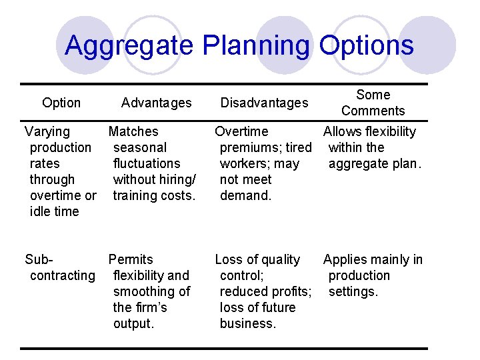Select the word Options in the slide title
coord(366,46)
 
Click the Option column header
coord(61,103)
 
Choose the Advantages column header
coord(157,103)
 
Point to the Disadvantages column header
coord(265,103)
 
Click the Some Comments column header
coord(373,103)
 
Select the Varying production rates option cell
coord(60,171)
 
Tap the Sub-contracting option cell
coord(60,267)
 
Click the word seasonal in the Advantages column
coord(140,147)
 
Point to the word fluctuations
coord(147,163)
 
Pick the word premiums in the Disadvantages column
coord(251,147)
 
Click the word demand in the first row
coord(244,195)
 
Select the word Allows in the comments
coord(345,131)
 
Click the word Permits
coord(131,259)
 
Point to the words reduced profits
coord(265,291)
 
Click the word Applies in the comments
coord(347,259)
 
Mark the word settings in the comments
coord(353,291)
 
